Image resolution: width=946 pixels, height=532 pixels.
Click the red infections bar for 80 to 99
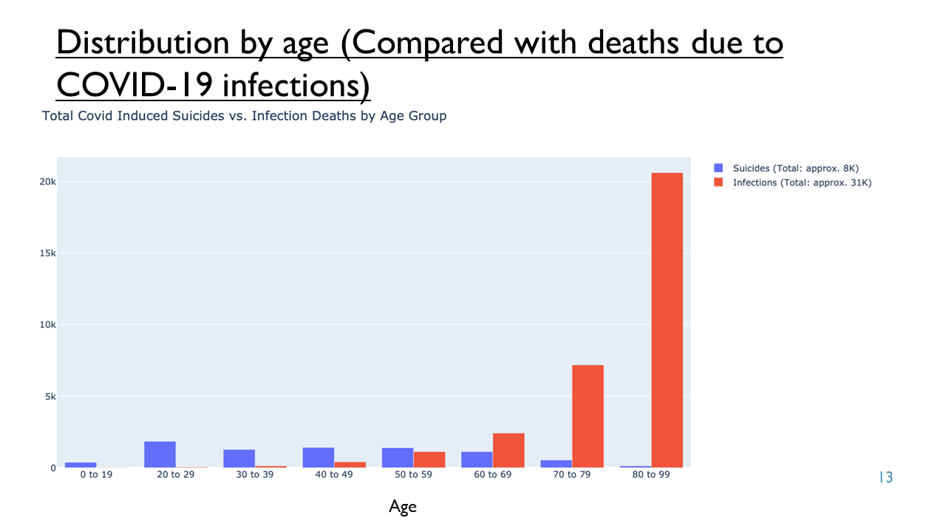tap(667, 320)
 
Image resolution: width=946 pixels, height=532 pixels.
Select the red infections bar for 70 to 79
tap(588, 416)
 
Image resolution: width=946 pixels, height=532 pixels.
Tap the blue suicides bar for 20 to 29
tap(160, 454)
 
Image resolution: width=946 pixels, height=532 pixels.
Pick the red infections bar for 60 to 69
tap(508, 451)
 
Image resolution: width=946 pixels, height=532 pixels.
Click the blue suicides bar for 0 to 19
tap(81, 465)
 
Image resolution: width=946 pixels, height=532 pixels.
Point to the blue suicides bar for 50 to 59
tap(398, 457)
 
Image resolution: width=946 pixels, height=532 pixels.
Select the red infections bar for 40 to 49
tap(350, 465)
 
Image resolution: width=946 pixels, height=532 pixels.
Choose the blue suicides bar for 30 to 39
tap(239, 459)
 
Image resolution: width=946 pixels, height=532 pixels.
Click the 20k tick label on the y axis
tap(48, 182)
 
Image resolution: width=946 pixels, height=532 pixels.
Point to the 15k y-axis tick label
tap(48, 253)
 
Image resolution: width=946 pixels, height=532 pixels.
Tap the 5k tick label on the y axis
tap(50, 397)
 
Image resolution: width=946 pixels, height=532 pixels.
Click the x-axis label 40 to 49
tap(334, 474)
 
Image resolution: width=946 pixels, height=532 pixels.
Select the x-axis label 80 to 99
tap(651, 474)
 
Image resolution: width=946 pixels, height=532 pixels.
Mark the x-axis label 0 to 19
tap(96, 474)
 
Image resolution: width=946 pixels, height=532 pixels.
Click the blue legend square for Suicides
tap(718, 168)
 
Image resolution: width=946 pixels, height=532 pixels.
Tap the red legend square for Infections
tap(718, 183)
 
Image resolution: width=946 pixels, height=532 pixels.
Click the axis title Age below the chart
tap(403, 507)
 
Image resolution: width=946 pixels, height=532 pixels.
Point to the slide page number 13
tap(886, 477)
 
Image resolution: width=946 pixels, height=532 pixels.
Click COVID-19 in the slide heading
tap(135, 85)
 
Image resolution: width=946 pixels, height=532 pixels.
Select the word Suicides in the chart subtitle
tap(198, 116)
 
